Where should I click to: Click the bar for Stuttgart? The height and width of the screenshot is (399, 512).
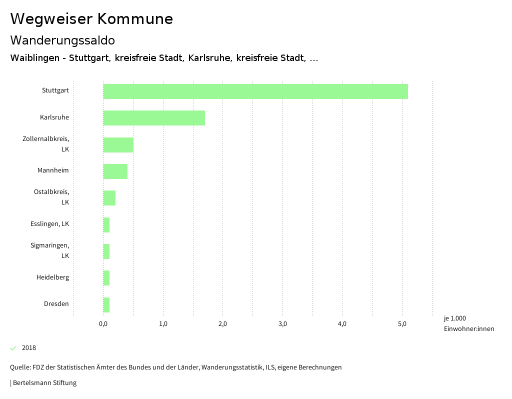pos(255,91)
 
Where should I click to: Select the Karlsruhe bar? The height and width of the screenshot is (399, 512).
pos(154,118)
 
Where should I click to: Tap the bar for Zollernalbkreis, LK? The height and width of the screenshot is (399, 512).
pos(118,144)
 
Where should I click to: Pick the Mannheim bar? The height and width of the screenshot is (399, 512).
pos(115,171)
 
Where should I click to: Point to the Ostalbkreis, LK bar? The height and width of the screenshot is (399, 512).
pos(109,198)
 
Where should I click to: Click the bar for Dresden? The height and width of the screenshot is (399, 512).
pos(106,304)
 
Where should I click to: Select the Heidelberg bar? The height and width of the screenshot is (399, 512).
pos(106,278)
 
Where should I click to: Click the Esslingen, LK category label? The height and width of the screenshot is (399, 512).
pos(49,224)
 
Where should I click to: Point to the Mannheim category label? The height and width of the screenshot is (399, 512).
pos(53,170)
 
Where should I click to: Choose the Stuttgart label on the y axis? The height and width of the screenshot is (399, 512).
pos(55,90)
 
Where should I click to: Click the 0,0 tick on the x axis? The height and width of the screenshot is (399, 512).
pos(103,324)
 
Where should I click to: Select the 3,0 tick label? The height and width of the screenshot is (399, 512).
pos(282,324)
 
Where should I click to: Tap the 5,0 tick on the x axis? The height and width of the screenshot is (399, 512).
pos(402,324)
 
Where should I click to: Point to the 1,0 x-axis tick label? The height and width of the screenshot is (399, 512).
pos(163,324)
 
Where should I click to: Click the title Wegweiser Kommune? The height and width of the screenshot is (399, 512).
pos(91,19)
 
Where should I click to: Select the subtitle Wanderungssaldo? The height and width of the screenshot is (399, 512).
pos(62,40)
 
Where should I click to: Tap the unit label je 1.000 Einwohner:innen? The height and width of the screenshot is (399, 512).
pos(468,323)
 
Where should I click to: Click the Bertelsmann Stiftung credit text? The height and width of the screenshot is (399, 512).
pos(44,383)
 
